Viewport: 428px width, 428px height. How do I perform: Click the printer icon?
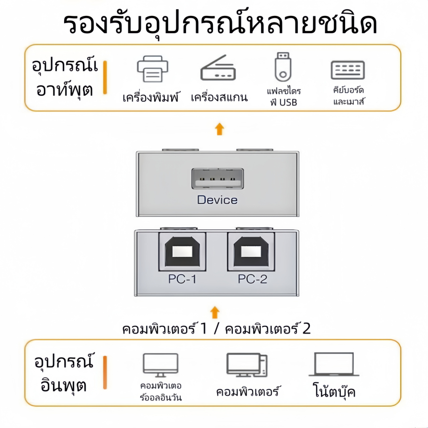153,70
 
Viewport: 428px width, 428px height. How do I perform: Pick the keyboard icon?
348,70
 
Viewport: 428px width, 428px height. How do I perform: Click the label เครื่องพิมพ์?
150,97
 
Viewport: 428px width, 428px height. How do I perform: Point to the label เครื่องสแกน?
219,97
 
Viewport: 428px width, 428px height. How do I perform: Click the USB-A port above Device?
217,179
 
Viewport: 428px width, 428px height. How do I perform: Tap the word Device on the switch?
217,200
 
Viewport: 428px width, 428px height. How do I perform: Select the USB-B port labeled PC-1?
182,252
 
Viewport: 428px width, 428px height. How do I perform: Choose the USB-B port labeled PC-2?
252,252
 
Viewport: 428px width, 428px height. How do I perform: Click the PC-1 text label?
182,279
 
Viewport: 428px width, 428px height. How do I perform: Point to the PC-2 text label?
252,279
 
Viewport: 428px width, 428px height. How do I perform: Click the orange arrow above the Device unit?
219,129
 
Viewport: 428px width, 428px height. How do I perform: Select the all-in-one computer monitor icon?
160,365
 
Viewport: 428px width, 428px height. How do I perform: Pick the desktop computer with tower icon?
247,365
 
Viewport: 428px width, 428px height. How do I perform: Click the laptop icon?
334,364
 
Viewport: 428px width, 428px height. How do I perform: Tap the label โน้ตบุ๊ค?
334,390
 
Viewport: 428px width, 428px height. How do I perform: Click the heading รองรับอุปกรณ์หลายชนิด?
220,24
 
